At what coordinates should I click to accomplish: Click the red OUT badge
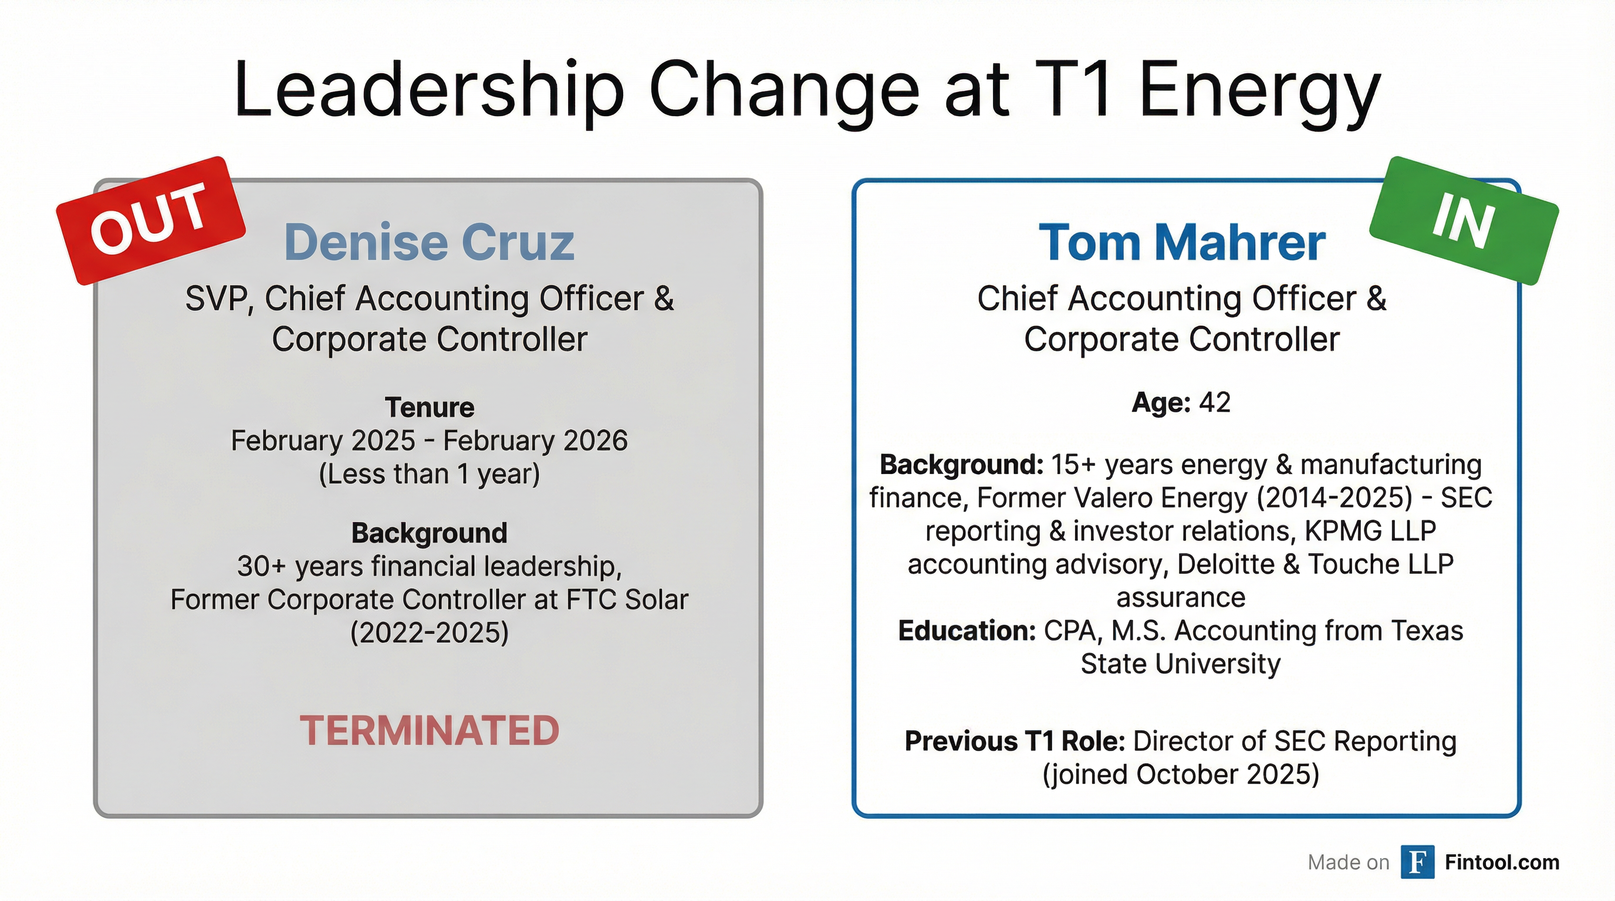[150, 221]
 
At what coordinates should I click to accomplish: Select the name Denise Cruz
[429, 242]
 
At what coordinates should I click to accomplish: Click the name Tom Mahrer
[1181, 242]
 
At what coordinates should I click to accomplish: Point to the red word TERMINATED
[429, 730]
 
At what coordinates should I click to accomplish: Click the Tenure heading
[430, 407]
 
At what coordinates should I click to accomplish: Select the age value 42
[1215, 402]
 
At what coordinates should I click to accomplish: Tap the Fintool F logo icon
[1417, 862]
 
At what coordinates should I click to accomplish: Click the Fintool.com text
[1502, 862]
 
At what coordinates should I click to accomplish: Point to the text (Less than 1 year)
[430, 475]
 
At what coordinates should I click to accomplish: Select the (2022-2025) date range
[430, 633]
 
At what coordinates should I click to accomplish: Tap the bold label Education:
[967, 631]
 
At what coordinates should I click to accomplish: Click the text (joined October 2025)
[1181, 774]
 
